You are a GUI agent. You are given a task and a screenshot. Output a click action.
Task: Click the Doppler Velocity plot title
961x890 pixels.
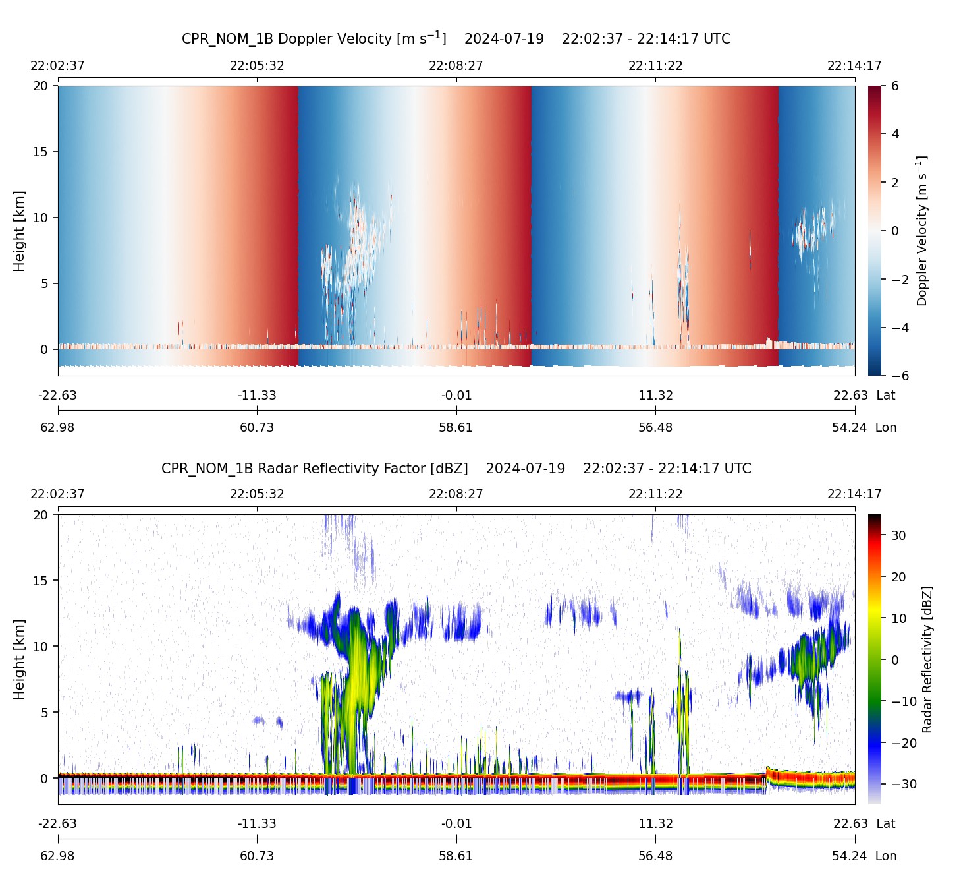pyautogui.click(x=456, y=38)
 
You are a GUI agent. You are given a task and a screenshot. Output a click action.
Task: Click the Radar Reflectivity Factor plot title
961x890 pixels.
pyautogui.click(x=456, y=469)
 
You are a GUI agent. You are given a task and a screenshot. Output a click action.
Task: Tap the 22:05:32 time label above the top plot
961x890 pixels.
pyautogui.click(x=257, y=66)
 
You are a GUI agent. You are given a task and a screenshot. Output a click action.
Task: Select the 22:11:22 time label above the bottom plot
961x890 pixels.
pyautogui.click(x=655, y=494)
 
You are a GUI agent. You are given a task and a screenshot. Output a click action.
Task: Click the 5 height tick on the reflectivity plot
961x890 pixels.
pyautogui.click(x=43, y=713)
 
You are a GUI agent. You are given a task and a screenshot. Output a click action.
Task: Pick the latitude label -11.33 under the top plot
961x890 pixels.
pyautogui.click(x=257, y=396)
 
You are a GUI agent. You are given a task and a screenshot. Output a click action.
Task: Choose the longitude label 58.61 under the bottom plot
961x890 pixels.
pyautogui.click(x=456, y=856)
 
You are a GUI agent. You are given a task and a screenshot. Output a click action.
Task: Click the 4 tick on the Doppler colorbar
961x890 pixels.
pyautogui.click(x=895, y=134)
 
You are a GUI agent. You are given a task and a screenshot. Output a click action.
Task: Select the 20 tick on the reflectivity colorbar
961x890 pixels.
pyautogui.click(x=899, y=578)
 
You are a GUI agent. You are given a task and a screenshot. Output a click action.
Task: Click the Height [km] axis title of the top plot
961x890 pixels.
pyautogui.click(x=19, y=231)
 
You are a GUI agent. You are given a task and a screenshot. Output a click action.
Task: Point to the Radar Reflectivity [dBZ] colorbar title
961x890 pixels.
pyautogui.click(x=927, y=659)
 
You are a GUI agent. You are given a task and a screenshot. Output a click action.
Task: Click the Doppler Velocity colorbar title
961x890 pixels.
pyautogui.click(x=922, y=231)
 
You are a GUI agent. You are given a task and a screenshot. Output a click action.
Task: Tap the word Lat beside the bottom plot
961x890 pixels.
pyautogui.click(x=886, y=824)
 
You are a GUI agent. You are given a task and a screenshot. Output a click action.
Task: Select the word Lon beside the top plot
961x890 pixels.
pyautogui.click(x=886, y=427)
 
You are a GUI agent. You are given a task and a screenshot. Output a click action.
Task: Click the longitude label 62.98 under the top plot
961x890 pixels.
pyautogui.click(x=58, y=427)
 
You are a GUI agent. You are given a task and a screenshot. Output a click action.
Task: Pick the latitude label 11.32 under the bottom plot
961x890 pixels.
pyautogui.click(x=655, y=824)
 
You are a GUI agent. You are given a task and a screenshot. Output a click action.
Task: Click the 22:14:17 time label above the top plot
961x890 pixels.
pyautogui.click(x=854, y=66)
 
